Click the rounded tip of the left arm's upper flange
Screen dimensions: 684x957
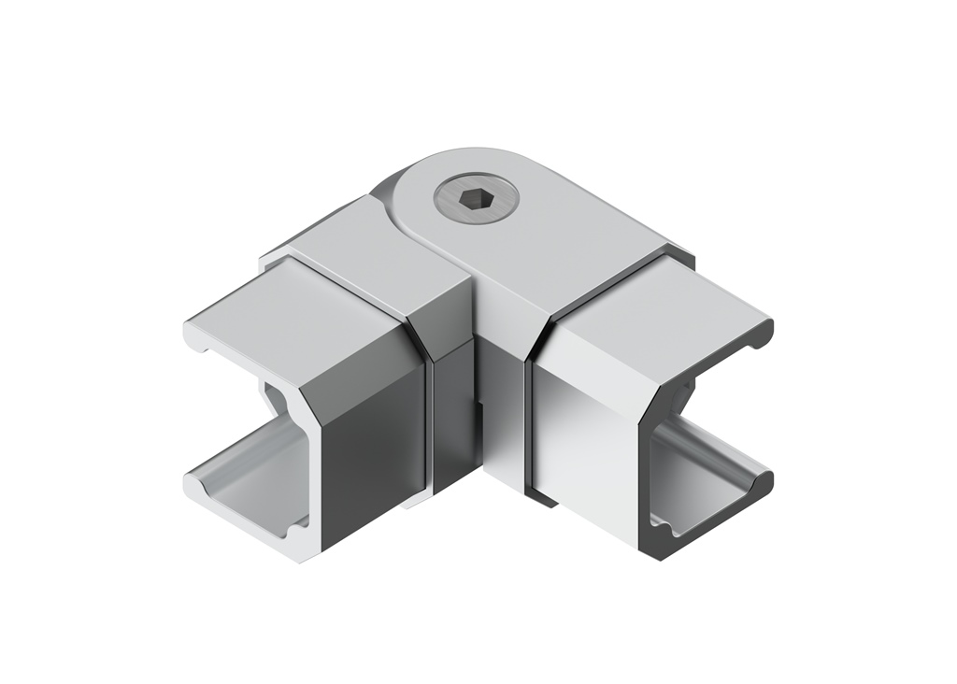pyautogui.click(x=192, y=333)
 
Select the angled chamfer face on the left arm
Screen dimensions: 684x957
pyautogui.click(x=360, y=346)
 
